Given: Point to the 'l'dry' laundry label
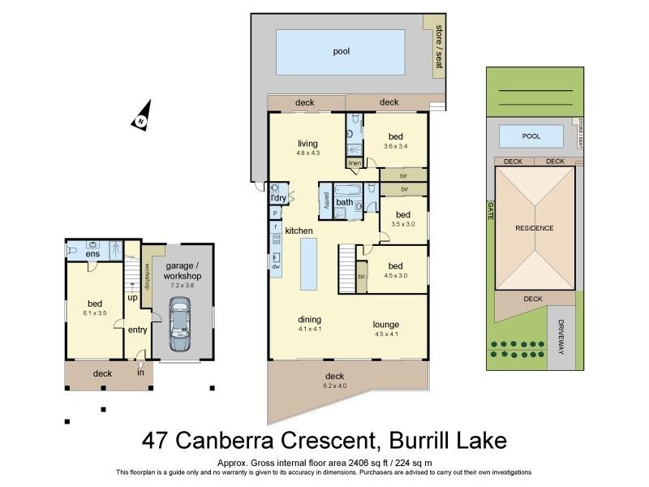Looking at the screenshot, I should (277, 198).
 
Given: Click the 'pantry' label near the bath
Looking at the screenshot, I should (326, 200).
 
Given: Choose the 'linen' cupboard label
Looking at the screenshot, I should (355, 163).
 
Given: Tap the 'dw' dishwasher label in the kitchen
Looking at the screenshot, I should (276, 266).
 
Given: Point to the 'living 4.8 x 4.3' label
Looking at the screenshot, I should (307, 148).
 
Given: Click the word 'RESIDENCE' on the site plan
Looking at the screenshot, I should (534, 228).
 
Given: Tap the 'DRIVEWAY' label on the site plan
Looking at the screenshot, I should (561, 332).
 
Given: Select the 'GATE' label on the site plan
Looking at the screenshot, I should (491, 211).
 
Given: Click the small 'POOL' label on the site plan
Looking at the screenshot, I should (531, 136).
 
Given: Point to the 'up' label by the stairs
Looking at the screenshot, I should (131, 299).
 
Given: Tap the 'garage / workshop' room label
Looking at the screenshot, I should (183, 270).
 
